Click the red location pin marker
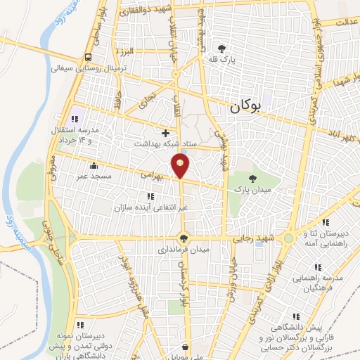click(181, 167)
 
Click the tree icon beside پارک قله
click(222, 49)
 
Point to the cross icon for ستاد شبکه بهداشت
click(166, 132)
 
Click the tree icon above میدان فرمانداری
click(184, 238)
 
